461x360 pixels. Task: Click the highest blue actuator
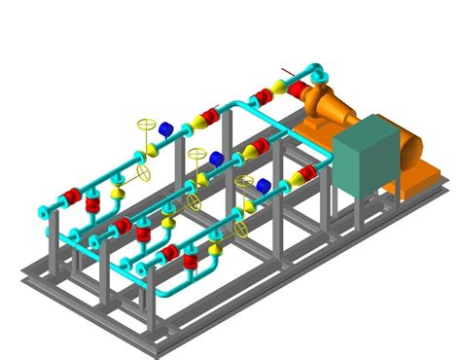click(x=165, y=128)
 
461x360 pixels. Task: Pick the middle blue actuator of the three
click(x=216, y=158)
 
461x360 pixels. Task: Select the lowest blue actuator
click(x=263, y=184)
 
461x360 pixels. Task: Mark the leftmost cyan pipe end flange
click(x=45, y=209)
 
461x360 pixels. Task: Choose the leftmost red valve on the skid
click(x=72, y=198)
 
